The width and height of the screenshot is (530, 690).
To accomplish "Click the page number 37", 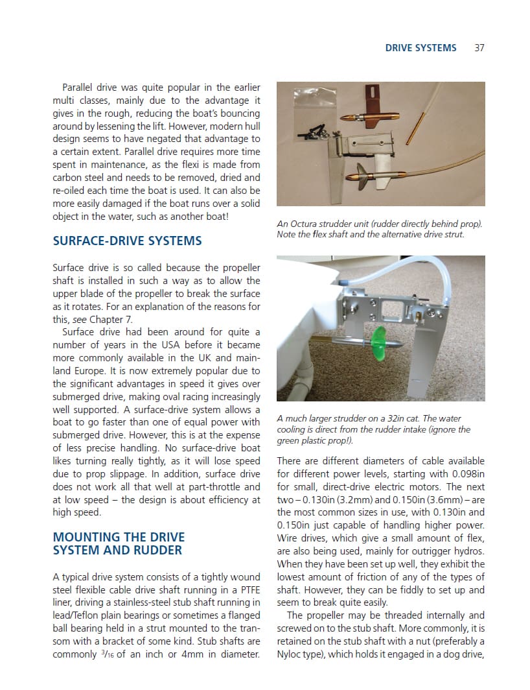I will pyautogui.click(x=479, y=47).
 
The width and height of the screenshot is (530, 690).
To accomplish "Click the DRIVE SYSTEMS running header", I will pyautogui.click(x=421, y=47).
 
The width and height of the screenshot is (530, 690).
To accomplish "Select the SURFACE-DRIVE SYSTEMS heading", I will pyautogui.click(x=127, y=241).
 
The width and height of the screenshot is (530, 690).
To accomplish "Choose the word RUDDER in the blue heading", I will pyautogui.click(x=159, y=551).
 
